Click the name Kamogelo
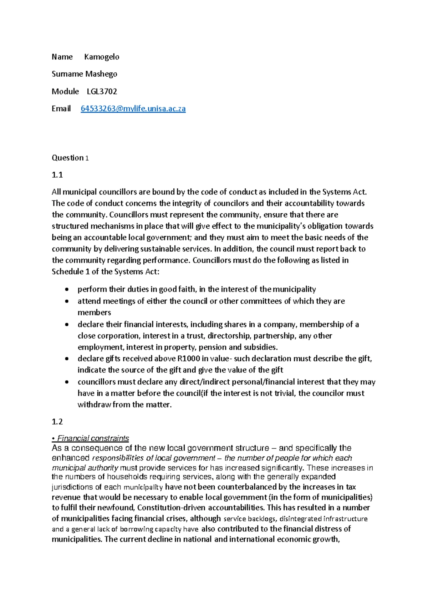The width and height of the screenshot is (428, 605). (x=102, y=57)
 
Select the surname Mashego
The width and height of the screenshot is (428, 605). (x=101, y=74)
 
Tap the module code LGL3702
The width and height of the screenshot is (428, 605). (x=102, y=91)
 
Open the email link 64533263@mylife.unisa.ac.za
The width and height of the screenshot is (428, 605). (x=133, y=109)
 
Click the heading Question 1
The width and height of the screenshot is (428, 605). (x=70, y=158)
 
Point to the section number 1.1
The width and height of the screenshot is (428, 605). (x=57, y=175)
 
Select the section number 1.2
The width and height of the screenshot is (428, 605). (x=57, y=422)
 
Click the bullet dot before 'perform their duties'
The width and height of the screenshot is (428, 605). (x=67, y=289)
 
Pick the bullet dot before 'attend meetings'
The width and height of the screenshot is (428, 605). (x=67, y=301)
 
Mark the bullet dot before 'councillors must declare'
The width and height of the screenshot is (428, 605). (x=67, y=382)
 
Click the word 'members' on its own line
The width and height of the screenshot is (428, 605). (x=94, y=312)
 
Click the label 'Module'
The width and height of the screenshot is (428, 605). (x=65, y=91)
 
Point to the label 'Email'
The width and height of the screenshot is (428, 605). (x=61, y=109)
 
